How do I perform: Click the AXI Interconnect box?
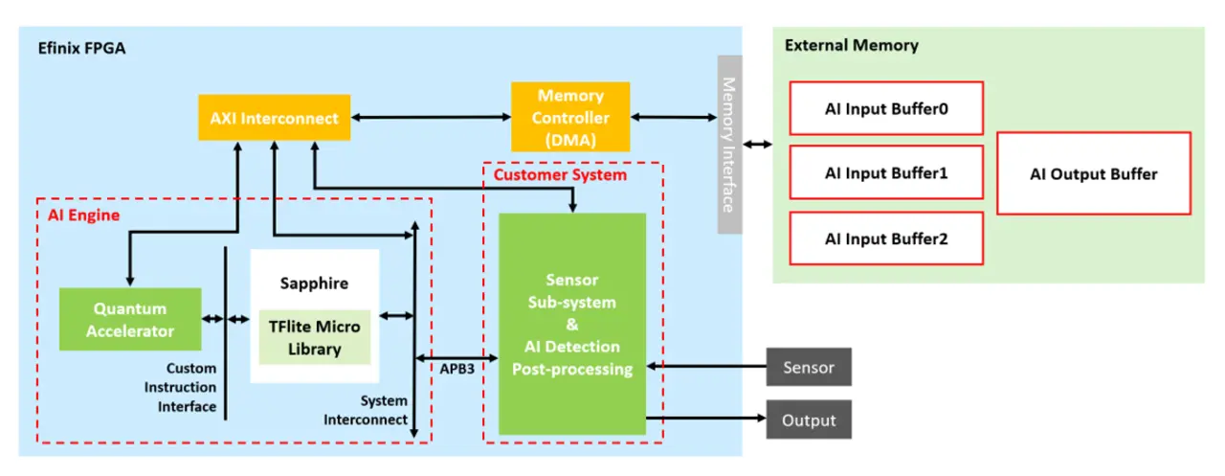point(274,119)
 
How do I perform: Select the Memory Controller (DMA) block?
point(570,118)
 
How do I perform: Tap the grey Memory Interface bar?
point(729,144)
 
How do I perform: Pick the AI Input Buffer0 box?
point(886,108)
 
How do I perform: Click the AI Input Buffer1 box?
point(886,173)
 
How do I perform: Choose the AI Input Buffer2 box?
point(886,238)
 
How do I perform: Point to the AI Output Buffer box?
point(1093,173)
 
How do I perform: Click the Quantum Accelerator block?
point(130,320)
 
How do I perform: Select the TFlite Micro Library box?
point(314,338)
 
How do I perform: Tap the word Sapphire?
point(314,283)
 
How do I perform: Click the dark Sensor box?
point(808,367)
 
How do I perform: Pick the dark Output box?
point(808,419)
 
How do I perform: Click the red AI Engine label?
point(84,215)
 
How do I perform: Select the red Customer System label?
point(560,174)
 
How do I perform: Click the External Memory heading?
point(851,45)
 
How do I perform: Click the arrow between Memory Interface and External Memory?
point(759,145)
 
